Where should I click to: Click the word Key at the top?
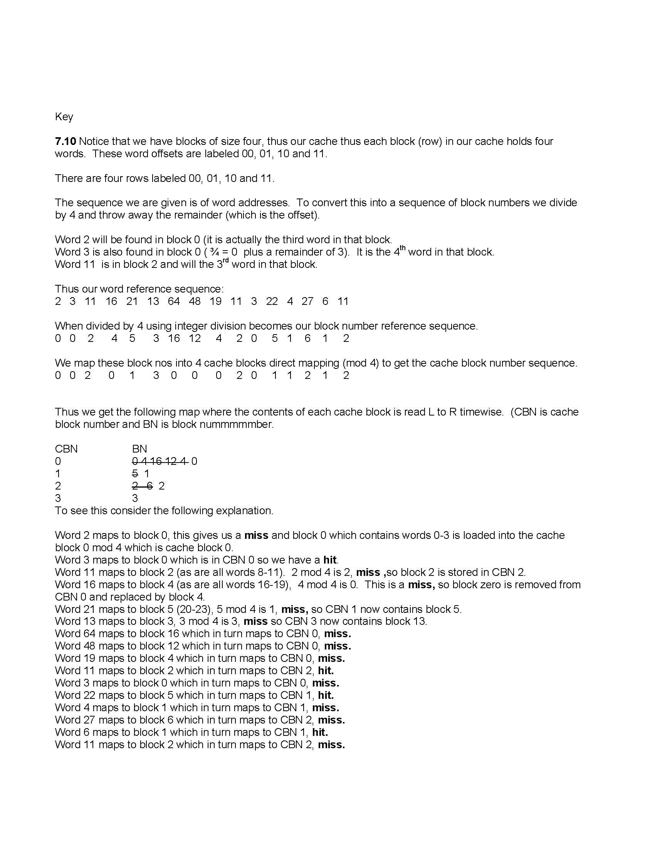tap(64, 117)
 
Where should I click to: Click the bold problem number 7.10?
tap(65, 141)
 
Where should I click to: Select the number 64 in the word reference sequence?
tap(173, 301)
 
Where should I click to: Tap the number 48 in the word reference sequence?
tap(195, 301)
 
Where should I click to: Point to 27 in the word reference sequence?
tap(307, 301)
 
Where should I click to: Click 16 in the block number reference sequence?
tap(174, 338)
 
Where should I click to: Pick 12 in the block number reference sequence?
tap(195, 338)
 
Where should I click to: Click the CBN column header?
tap(66, 449)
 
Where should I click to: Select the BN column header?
tap(139, 449)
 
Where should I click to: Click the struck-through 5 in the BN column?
tap(135, 474)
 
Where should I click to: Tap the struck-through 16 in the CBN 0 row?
tap(156, 461)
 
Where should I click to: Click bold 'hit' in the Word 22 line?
tap(326, 695)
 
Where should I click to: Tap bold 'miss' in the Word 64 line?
tap(337, 634)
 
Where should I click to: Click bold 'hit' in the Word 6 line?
tap(320, 732)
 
